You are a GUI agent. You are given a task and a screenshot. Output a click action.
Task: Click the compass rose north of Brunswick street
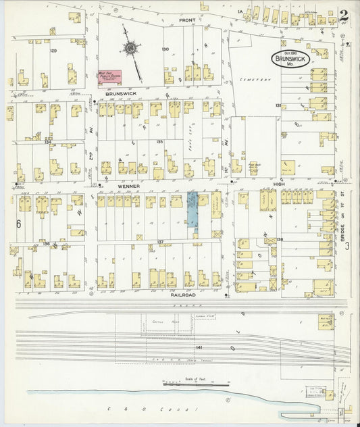pos(128,48)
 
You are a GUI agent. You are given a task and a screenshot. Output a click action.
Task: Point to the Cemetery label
pos(255,80)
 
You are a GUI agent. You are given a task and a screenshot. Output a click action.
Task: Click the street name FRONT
pos(187,20)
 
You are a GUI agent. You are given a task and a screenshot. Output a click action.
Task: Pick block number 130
pos(165,49)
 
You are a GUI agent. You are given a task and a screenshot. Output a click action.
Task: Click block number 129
pos(53,51)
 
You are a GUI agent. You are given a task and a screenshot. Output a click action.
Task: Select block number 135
pos(160,142)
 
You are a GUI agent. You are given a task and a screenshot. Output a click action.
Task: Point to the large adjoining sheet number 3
pos(347,247)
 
